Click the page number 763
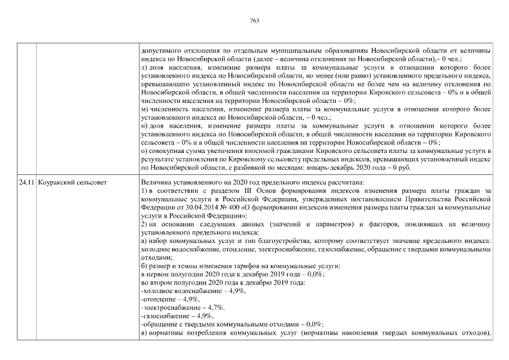pyautogui.click(x=254, y=21)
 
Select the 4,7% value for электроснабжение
pyautogui.click(x=217, y=308)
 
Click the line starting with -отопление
pyautogui.click(x=170, y=300)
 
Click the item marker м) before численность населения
pyautogui.click(x=145, y=109)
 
